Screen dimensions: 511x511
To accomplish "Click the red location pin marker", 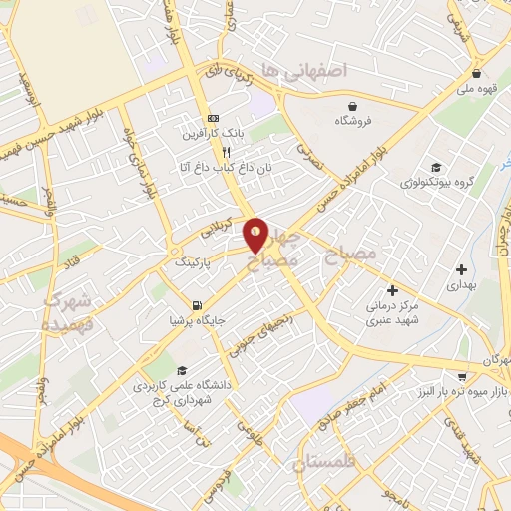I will click(256, 236).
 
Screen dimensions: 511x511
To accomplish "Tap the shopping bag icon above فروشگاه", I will click(352, 105).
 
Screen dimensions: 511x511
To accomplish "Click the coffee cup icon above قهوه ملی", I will click(478, 73).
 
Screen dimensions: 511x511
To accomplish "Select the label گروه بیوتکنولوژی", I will click(435, 182).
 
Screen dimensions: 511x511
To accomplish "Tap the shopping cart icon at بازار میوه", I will click(461, 376).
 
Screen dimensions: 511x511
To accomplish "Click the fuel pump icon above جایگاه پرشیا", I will click(196, 304).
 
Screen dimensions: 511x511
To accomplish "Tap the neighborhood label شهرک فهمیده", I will click(68, 312).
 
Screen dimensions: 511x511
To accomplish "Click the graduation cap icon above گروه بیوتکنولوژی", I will click(435, 166).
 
